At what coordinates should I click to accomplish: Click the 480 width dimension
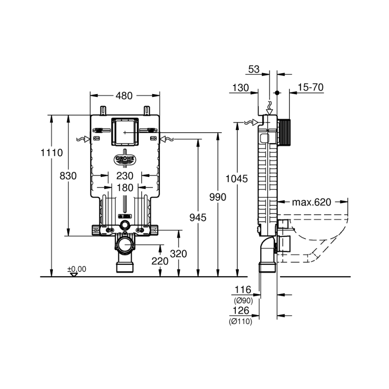pos(125,95)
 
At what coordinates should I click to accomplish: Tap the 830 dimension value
pos(68,176)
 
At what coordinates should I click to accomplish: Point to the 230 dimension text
pos(125,176)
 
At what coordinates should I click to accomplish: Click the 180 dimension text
pos(125,188)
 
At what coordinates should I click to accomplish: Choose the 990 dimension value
pos(217,197)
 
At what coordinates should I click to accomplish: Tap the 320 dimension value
pos(178,254)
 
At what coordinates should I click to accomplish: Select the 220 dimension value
pos(160,261)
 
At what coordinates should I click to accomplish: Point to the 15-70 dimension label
pos(310,87)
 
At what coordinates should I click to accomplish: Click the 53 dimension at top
pos(254,69)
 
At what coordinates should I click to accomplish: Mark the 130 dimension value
pos(240,88)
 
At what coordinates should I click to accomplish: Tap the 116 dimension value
pos(243,290)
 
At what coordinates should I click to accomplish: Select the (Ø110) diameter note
pos(241,321)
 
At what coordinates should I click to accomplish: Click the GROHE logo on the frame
pos(125,159)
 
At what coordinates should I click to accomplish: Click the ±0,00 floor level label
pos(77,269)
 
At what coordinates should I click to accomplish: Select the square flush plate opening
pos(125,131)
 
